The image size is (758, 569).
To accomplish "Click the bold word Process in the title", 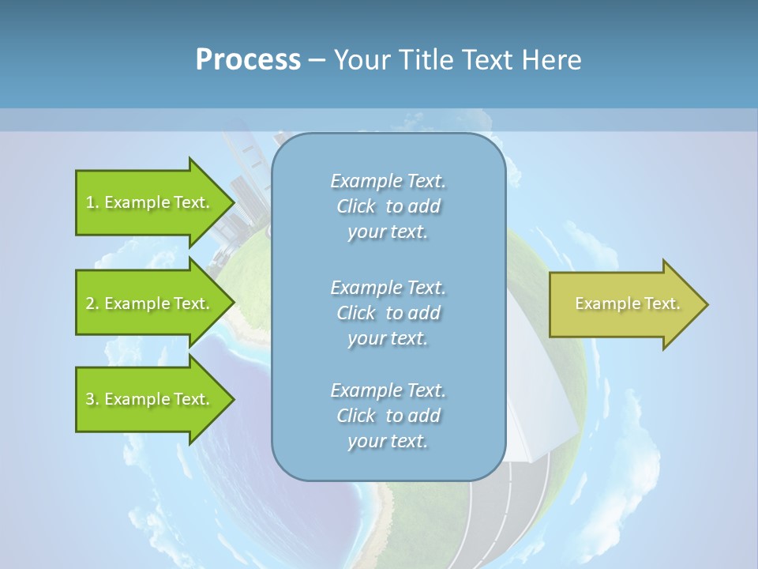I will (x=248, y=60).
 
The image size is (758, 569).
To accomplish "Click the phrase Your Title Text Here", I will (x=457, y=60).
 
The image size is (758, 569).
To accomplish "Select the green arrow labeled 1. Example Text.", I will (x=150, y=202).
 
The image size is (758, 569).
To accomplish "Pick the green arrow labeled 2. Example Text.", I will (x=150, y=303).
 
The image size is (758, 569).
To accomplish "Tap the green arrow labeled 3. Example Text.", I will (x=150, y=399).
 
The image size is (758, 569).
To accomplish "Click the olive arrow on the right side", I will (x=624, y=304).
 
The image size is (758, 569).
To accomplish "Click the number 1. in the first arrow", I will (x=92, y=203).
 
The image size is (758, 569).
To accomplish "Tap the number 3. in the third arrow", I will (x=92, y=400).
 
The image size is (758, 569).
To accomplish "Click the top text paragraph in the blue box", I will (x=388, y=206).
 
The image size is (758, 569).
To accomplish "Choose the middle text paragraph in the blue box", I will (x=388, y=313).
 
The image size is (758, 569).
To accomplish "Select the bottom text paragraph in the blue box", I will (x=388, y=416).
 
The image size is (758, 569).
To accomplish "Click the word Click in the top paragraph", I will (x=356, y=207).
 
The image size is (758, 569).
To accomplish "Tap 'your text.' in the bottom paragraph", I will (x=388, y=442).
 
